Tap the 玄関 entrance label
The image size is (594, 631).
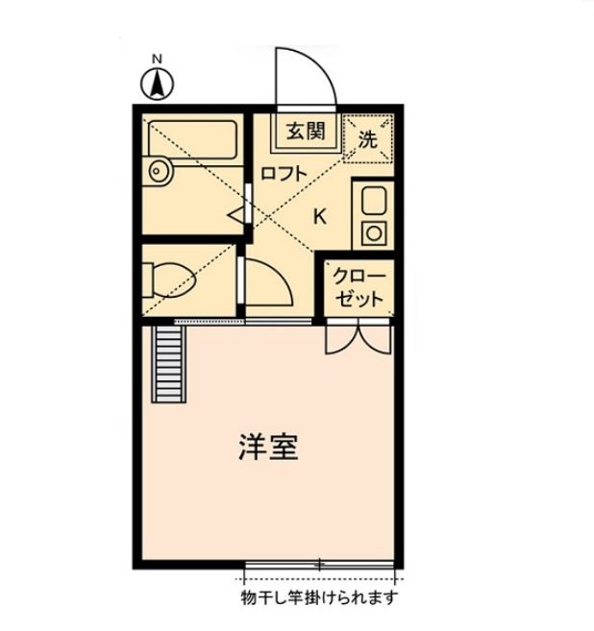(x=306, y=133)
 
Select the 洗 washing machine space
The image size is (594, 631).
(x=368, y=137)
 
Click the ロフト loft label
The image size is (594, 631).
(x=284, y=174)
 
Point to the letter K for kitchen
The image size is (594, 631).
(x=320, y=215)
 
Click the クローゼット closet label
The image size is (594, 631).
(x=359, y=286)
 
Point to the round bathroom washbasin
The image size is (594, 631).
(x=159, y=172)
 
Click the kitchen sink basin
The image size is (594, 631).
(x=373, y=201)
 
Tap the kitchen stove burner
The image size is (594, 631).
(x=373, y=231)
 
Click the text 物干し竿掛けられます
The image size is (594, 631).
(x=319, y=597)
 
